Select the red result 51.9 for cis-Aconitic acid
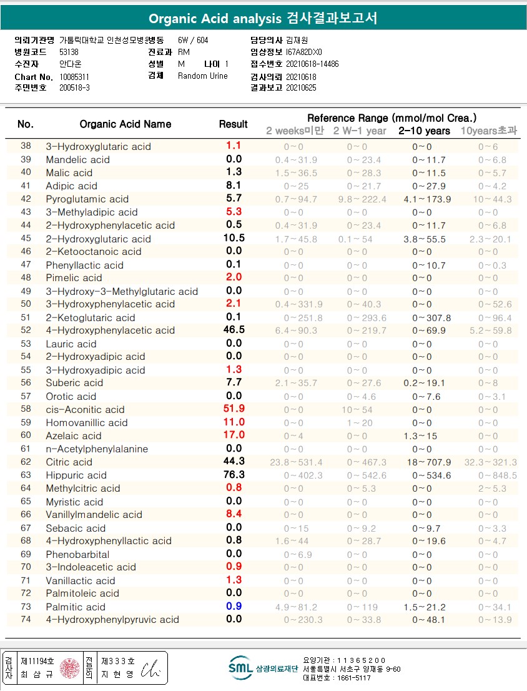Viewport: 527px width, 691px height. [x=234, y=409]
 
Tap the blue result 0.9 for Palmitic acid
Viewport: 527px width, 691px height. [x=234, y=606]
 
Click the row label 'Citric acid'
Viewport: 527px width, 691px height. [x=69, y=462]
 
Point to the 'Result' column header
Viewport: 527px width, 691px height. [x=234, y=124]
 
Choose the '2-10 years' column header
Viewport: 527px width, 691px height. [x=424, y=131]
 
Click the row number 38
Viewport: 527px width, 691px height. [x=26, y=146]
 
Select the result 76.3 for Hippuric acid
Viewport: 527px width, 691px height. [x=234, y=475]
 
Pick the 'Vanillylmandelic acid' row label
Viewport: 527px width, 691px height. [x=94, y=515]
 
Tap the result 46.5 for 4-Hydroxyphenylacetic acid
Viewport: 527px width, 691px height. [x=234, y=330]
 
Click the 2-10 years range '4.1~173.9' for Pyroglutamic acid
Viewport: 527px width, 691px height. [x=424, y=199]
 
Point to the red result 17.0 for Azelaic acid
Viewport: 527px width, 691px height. [x=234, y=435]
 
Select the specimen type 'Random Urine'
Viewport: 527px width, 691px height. [x=203, y=76]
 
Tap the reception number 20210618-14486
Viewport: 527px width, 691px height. [x=312, y=64]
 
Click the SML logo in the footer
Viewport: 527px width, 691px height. [x=241, y=667]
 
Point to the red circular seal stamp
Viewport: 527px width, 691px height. [x=69, y=668]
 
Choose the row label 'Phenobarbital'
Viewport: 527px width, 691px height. [x=77, y=554]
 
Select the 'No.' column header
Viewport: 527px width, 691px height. [x=26, y=124]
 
